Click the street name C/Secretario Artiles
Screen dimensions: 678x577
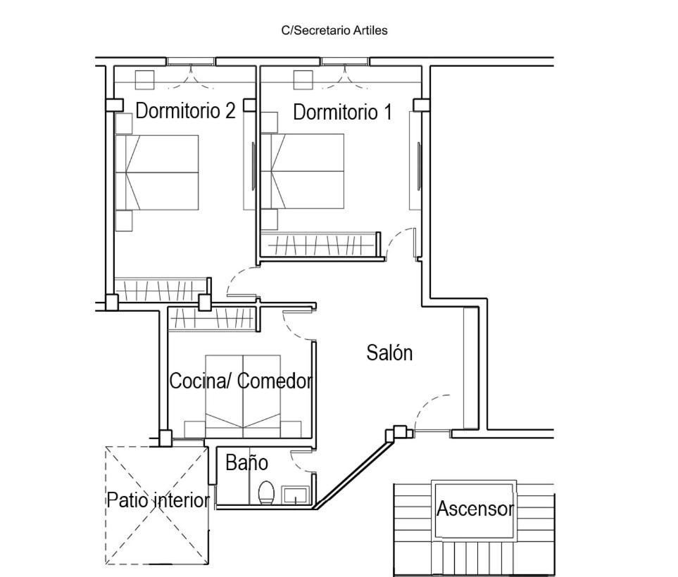click(x=334, y=31)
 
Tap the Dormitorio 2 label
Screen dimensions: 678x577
click(x=185, y=110)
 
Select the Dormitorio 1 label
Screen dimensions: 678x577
click(x=342, y=112)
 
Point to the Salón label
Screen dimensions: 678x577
click(x=389, y=353)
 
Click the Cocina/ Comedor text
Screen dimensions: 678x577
click(x=241, y=381)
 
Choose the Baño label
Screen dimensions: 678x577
click(x=247, y=462)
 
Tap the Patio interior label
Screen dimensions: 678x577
click(x=158, y=500)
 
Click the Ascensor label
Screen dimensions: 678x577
click(x=475, y=508)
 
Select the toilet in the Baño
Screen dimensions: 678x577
click(x=266, y=493)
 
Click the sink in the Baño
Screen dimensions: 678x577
click(x=296, y=495)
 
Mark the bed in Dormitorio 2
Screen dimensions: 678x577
click(x=157, y=172)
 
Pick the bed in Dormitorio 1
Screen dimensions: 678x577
click(x=303, y=171)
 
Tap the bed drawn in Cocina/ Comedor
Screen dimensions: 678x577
click(x=243, y=396)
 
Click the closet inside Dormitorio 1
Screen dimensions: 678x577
click(x=320, y=245)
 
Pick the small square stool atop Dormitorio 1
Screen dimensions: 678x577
click(x=303, y=80)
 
